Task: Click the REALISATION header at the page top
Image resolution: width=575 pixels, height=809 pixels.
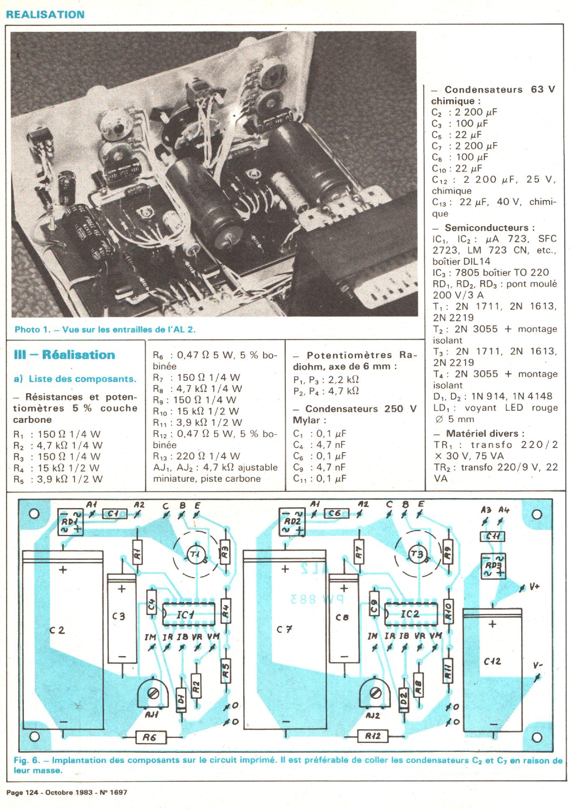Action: point(45,15)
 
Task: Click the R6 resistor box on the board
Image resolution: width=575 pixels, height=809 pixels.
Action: point(150,738)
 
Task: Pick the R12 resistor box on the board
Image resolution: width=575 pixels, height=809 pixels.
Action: point(373,736)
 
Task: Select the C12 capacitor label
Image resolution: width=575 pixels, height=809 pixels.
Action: point(492,661)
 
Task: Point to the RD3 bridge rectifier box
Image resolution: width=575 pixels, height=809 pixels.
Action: point(493,566)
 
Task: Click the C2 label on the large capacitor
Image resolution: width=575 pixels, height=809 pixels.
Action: point(57,630)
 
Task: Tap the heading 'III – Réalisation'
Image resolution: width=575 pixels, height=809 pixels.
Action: point(64,355)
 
